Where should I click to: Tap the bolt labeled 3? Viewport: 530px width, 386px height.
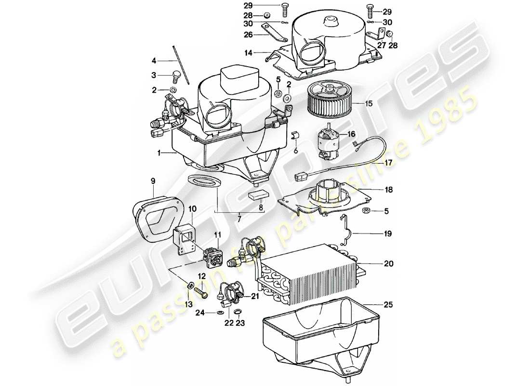176,76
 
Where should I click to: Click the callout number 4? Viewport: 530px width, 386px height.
154,61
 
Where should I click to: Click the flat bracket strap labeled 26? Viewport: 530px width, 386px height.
273,37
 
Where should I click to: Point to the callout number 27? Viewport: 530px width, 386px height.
382,46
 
